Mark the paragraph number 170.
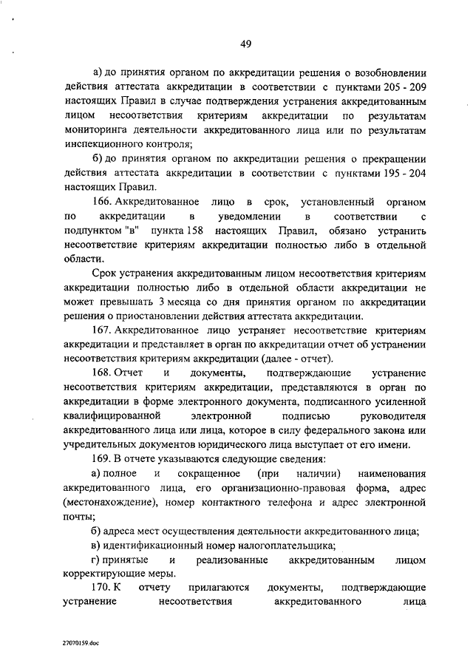pos(103,588)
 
